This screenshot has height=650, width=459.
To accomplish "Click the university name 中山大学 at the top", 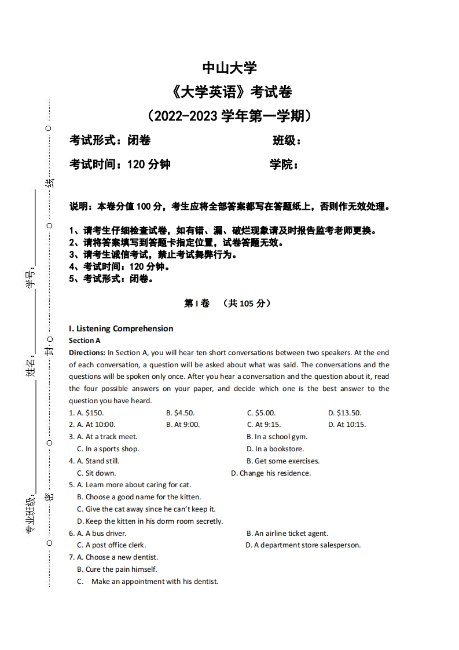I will tap(229, 68).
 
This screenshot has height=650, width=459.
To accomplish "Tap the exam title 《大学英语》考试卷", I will tap(229, 92).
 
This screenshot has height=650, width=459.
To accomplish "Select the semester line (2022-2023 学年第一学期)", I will tap(229, 116).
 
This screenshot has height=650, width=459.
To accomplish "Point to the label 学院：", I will tap(284, 165).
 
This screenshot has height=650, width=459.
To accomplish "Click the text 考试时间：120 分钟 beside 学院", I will tap(120, 165).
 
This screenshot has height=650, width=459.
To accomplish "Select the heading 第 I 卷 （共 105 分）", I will tap(227, 303).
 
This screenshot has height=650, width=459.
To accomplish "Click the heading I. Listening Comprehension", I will tap(121, 328).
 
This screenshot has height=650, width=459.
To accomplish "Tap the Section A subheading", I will tap(85, 341).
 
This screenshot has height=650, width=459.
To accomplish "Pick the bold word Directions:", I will tap(86, 352).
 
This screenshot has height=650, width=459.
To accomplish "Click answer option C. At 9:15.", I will tap(264, 425).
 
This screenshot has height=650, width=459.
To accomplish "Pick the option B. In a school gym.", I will tap(277, 437).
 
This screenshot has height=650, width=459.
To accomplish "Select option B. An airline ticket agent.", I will tap(287, 534).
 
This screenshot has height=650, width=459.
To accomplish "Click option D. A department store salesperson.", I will tap(303, 545).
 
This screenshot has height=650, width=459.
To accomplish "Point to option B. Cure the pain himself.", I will tap(117, 569).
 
